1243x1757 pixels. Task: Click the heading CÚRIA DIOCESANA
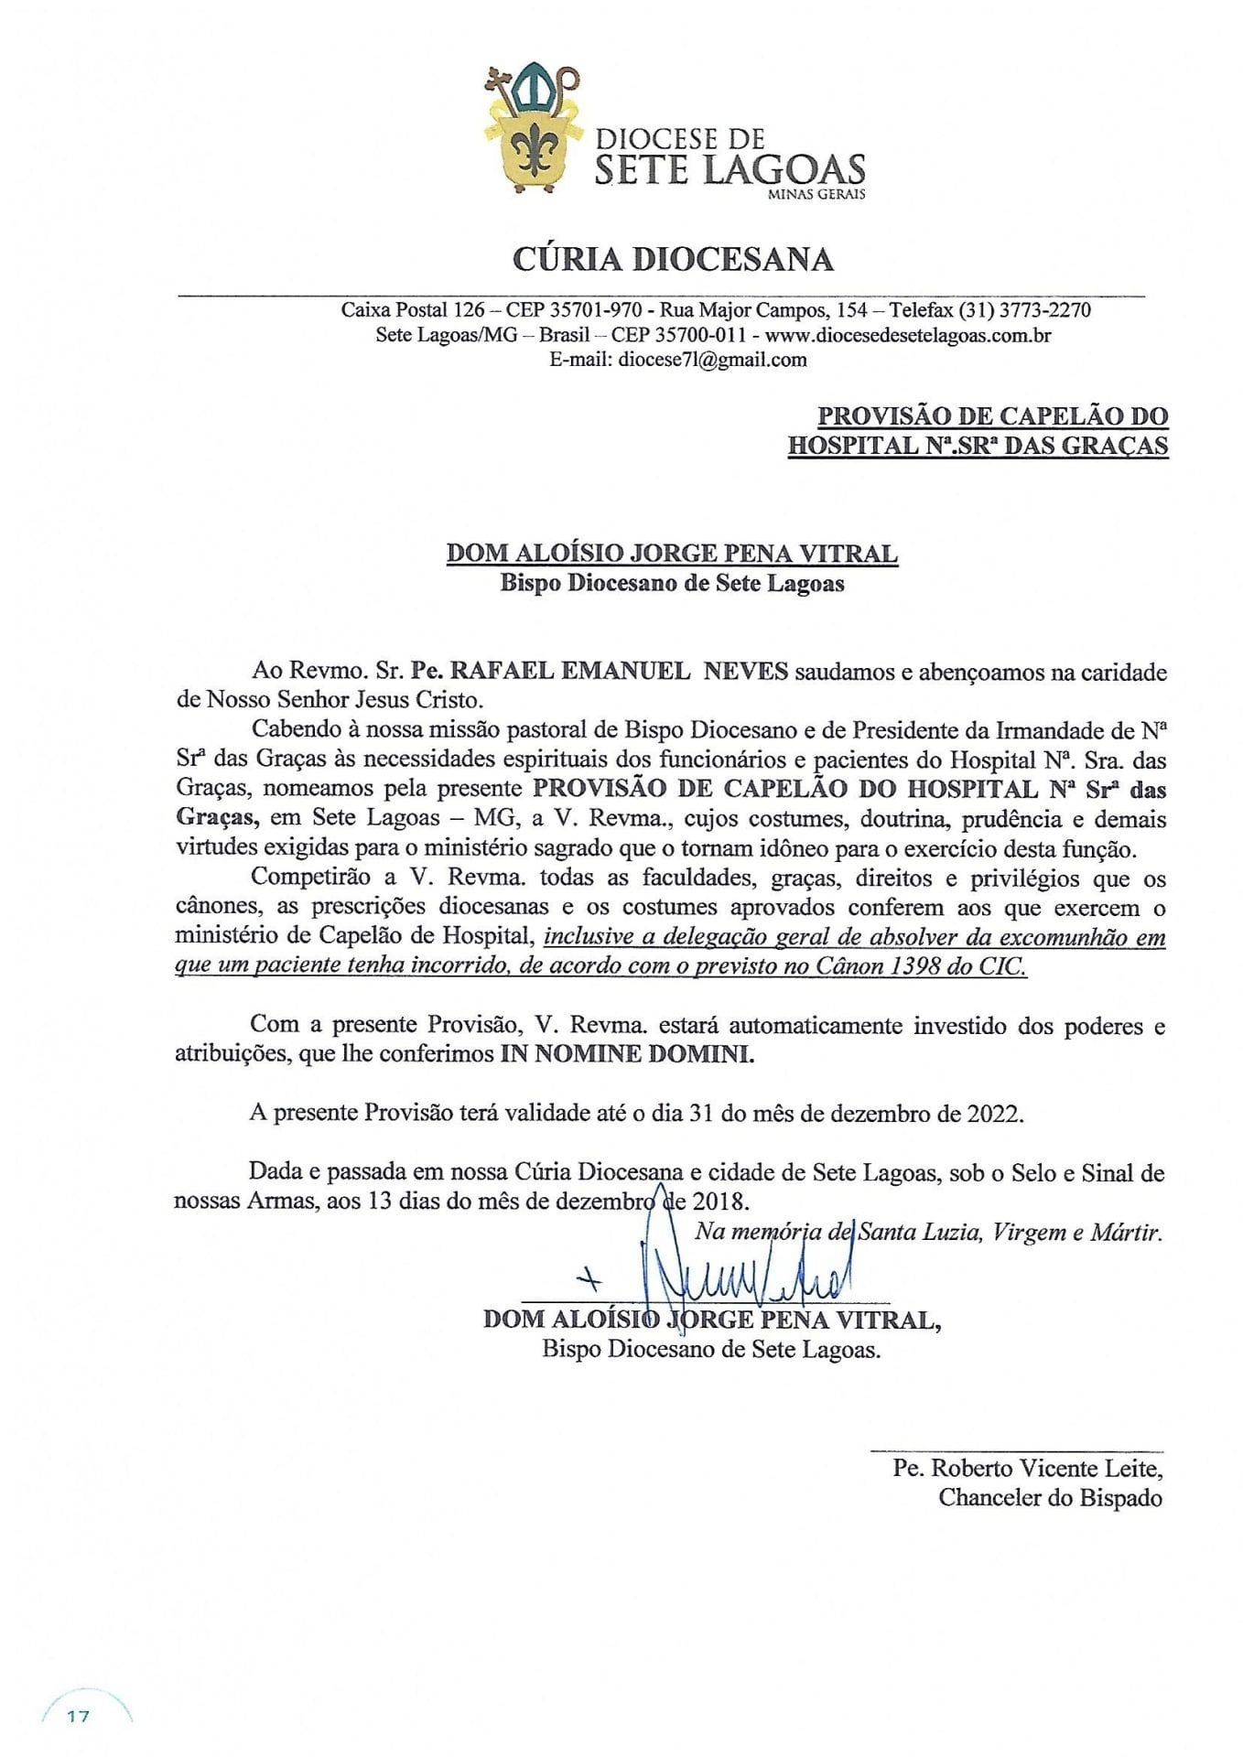click(x=673, y=259)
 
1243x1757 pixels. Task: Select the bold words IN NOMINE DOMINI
click(x=628, y=1053)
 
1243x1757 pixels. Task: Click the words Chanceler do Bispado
click(x=1050, y=1498)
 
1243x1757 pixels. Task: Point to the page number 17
click(x=78, y=1716)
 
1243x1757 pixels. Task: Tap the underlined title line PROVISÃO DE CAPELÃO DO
click(x=992, y=416)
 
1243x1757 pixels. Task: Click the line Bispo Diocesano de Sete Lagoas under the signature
click(x=711, y=1349)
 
